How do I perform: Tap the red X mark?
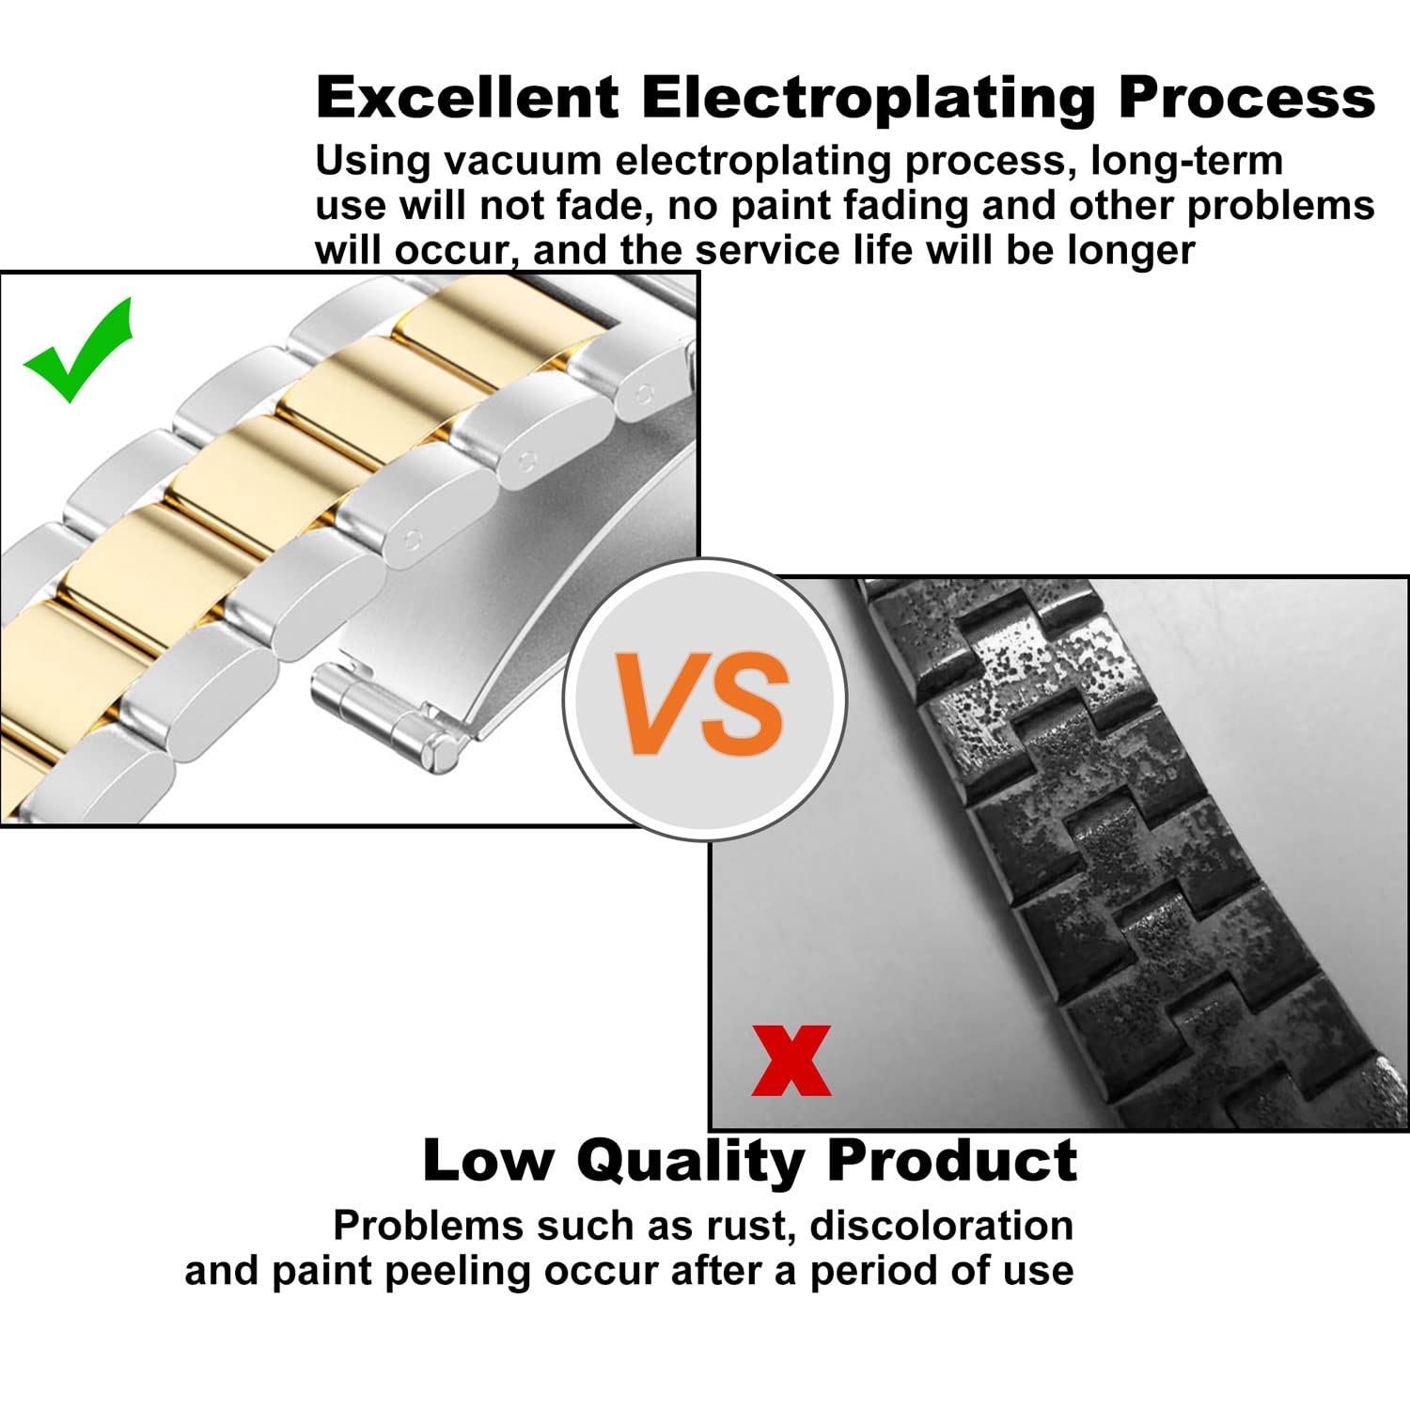coord(791,1060)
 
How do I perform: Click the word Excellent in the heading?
coord(467,97)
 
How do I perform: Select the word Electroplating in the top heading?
coord(869,99)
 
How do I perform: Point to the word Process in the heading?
coord(1246,97)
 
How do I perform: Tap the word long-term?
coord(1187,162)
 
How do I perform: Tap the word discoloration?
coord(942,1226)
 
